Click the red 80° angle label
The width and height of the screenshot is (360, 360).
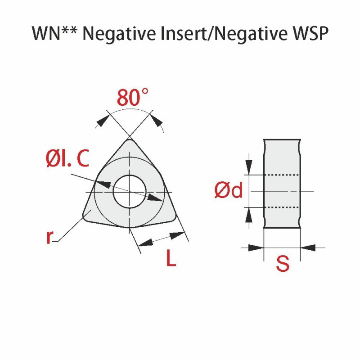[x=133, y=97]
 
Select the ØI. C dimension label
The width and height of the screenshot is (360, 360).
[x=67, y=158]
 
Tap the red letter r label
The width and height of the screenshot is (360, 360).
[x=50, y=237]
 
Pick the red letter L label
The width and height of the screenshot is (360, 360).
[x=171, y=257]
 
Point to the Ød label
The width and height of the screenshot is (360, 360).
[x=229, y=190]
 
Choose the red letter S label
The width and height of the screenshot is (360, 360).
[x=283, y=264]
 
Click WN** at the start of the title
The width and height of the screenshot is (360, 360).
[x=54, y=33]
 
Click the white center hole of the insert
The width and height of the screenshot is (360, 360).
[x=130, y=192]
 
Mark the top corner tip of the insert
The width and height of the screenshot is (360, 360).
[x=130, y=139]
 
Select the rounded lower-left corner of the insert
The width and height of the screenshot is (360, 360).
[x=85, y=217]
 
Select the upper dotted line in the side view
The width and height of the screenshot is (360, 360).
[x=282, y=175]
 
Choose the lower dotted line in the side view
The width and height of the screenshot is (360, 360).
[x=282, y=207]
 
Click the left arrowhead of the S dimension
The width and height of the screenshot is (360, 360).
[x=256, y=248]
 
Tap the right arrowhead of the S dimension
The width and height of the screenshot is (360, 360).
[x=308, y=248]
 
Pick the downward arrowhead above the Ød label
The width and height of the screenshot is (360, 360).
[x=249, y=167]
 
